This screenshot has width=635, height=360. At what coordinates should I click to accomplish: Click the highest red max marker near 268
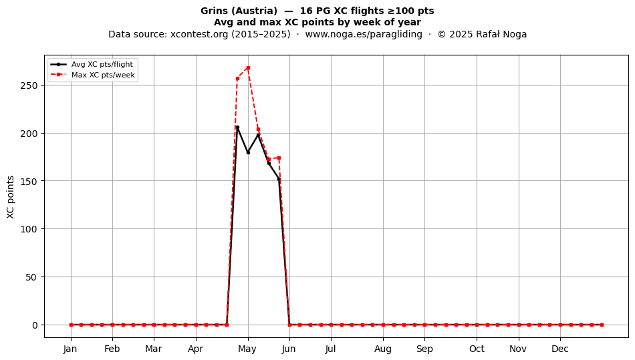point(248,67)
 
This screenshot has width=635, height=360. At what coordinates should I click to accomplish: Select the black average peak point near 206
point(237,128)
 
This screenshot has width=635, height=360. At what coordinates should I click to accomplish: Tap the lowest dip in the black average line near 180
point(248,152)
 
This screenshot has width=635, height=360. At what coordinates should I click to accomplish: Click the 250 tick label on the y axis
point(29,85)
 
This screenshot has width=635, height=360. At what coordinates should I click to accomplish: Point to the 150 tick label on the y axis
point(29,181)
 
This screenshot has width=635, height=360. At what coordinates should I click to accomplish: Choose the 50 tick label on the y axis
point(31,277)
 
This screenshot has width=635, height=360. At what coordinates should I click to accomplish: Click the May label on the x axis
point(247,349)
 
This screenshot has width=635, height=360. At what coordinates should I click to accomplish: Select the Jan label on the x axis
point(70,349)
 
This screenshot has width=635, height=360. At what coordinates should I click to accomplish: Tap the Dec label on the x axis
point(561,349)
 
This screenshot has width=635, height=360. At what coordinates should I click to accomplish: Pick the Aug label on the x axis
point(383,349)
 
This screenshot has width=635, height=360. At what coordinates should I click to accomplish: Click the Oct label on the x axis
point(477,349)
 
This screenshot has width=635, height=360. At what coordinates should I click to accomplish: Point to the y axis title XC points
point(11,197)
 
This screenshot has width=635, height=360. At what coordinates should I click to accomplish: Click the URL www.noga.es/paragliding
point(363,34)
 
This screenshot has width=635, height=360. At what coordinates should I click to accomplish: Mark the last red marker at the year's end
point(602,325)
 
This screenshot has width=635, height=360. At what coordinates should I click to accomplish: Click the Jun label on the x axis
point(289,349)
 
